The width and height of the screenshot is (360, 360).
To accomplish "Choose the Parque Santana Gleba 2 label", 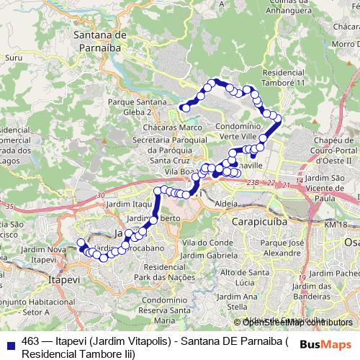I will coord(131,107).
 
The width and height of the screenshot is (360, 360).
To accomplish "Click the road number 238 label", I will coord(251,184).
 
